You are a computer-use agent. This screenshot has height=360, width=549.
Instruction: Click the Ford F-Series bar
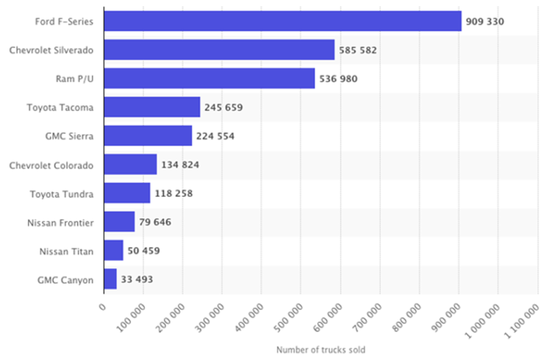283,21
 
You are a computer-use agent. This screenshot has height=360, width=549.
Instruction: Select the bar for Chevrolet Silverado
219,50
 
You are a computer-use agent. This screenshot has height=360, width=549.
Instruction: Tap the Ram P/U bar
209,79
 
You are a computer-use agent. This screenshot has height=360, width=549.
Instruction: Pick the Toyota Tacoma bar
152,107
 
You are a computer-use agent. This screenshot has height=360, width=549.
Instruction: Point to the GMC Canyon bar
110,279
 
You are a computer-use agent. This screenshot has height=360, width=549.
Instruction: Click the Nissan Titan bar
113,250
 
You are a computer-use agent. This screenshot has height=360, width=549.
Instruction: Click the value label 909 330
485,21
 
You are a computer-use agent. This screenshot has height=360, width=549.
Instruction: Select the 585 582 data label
358,50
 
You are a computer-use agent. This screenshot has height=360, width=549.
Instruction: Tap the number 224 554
215,136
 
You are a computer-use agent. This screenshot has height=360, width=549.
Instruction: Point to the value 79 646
155,222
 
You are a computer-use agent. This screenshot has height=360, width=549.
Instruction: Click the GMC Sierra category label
69,136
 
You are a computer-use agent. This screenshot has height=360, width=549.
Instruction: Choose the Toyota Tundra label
62,193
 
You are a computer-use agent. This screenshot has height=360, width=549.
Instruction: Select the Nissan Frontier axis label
61,222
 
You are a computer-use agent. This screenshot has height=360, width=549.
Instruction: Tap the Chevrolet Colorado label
51,165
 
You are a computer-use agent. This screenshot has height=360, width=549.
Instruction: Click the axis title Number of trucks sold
321,350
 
